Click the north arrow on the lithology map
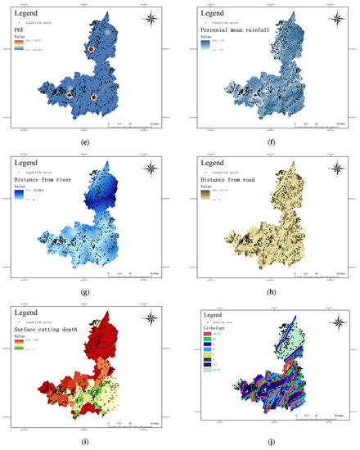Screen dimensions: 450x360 tap(338, 322)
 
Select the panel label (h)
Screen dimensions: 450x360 tap(271, 289)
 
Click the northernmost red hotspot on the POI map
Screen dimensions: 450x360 tap(92, 51)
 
